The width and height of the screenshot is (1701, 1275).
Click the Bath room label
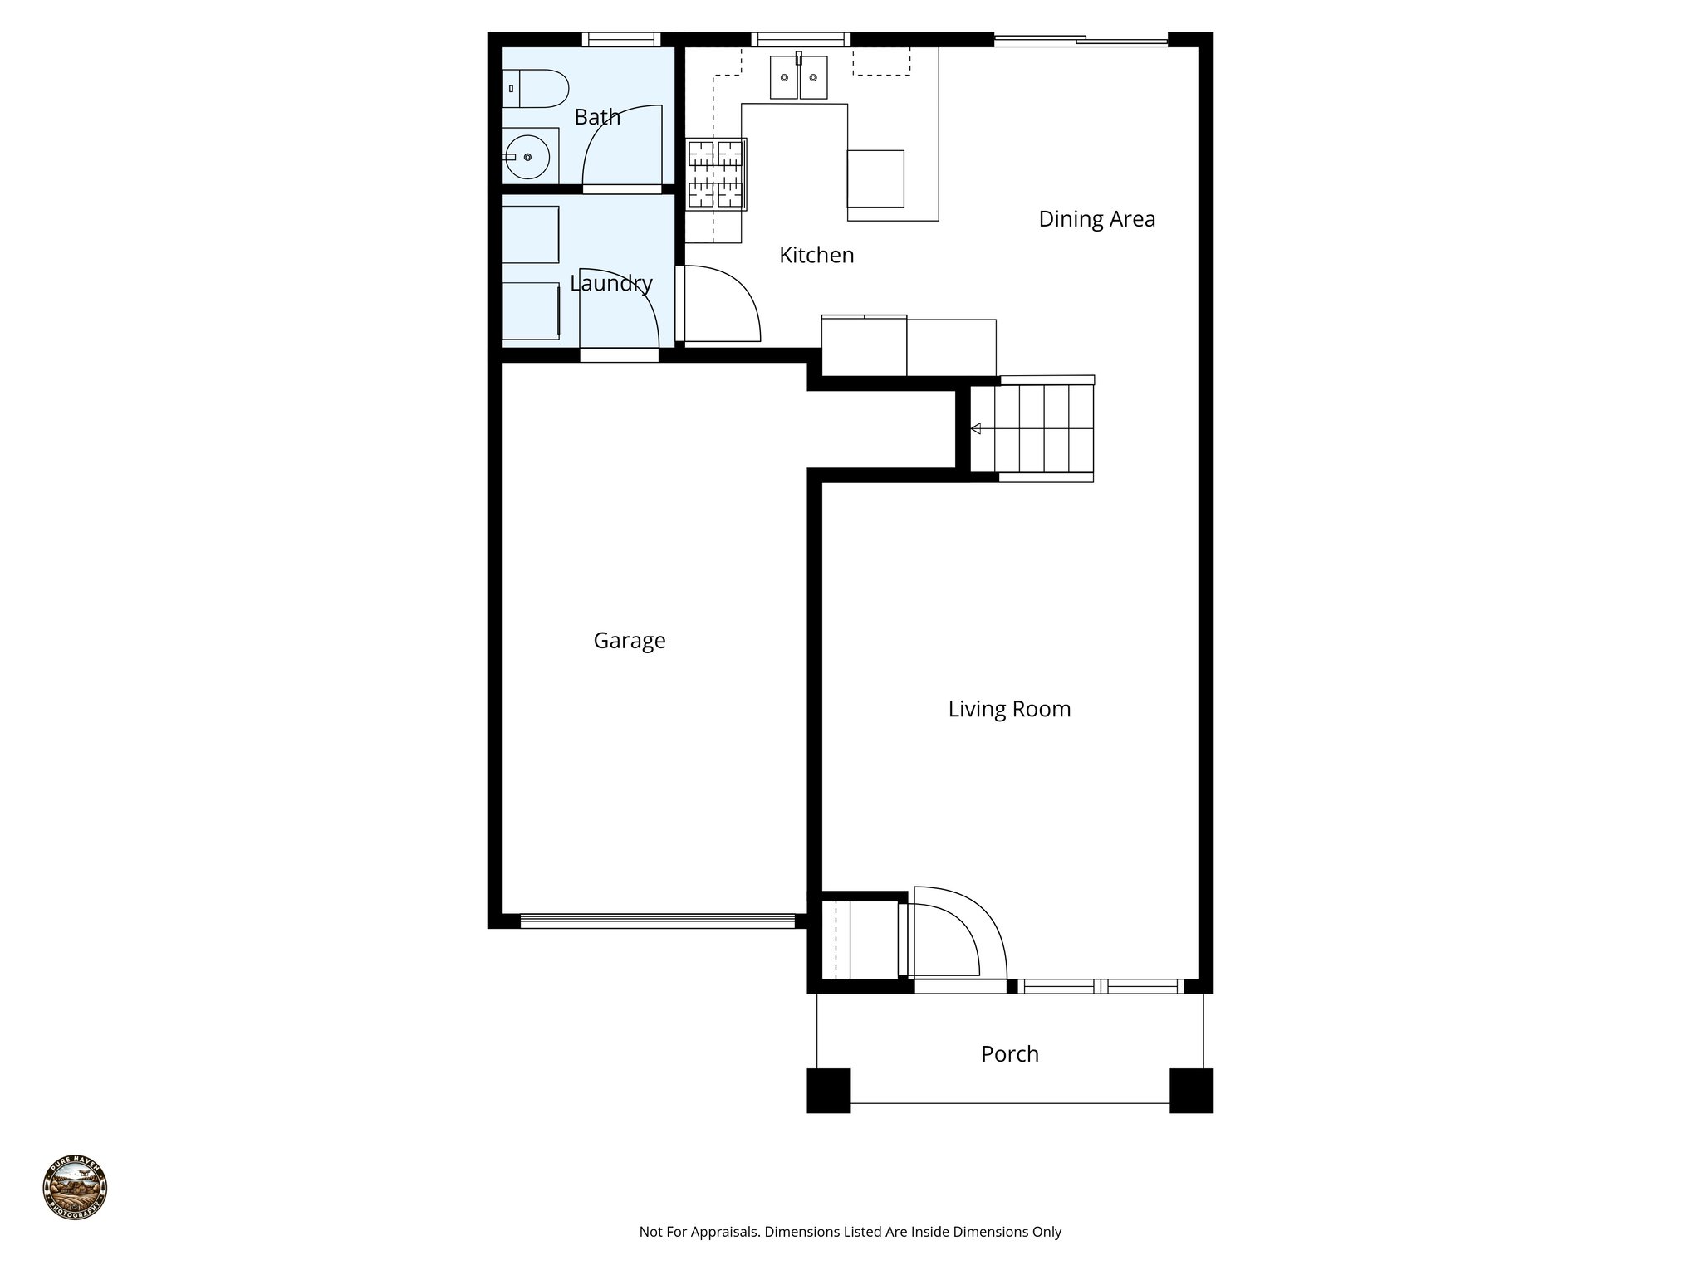[597, 117]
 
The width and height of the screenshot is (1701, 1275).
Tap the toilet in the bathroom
[536, 88]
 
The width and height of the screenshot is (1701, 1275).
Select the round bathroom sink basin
[527, 157]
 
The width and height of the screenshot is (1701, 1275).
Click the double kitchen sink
[798, 77]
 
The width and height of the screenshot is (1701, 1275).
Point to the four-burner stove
[715, 174]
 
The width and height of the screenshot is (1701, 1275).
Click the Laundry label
[611, 283]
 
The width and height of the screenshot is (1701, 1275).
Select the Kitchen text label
[816, 255]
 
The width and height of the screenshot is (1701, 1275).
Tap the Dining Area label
[1096, 219]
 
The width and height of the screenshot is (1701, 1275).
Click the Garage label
[629, 641]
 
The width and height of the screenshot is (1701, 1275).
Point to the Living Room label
[1009, 709]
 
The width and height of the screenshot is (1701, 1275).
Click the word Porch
[1009, 1054]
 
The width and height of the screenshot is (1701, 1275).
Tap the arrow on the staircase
[977, 428]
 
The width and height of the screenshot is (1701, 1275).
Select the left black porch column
[828, 1090]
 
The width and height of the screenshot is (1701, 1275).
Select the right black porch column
[1191, 1090]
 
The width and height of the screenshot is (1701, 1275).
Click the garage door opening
[657, 920]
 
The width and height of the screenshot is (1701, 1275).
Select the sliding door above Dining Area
[1081, 40]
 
